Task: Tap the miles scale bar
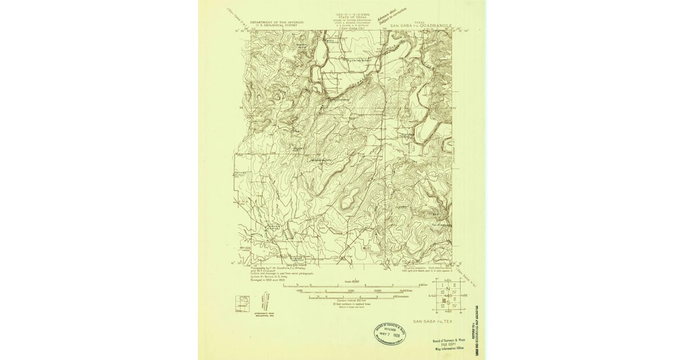(x=354, y=286)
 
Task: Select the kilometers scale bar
(x=352, y=296)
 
